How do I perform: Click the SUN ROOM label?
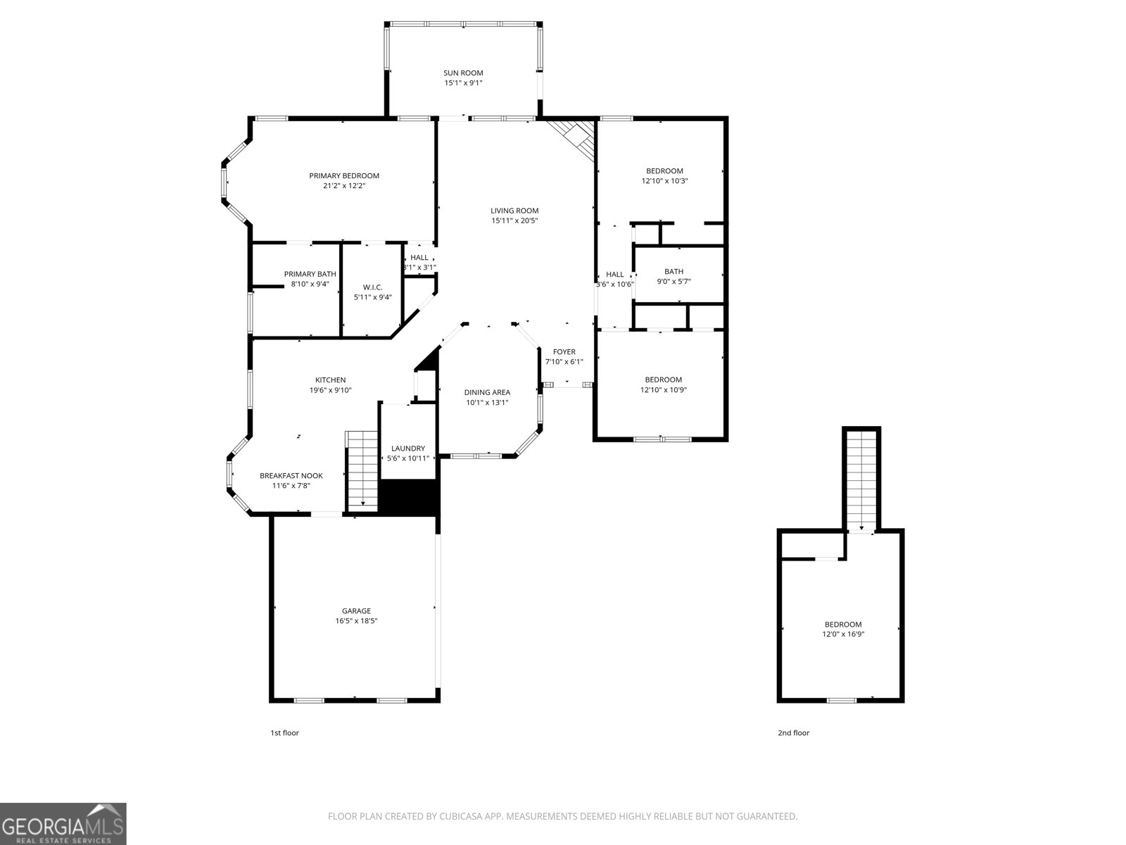click(463, 73)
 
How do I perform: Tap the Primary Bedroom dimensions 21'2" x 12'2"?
click(344, 186)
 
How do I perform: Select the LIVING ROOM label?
click(514, 211)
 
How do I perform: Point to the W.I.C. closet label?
click(372, 287)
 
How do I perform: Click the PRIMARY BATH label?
click(310, 274)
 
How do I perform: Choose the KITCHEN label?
click(330, 380)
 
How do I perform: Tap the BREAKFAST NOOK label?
click(291, 476)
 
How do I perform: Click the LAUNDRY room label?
click(408, 449)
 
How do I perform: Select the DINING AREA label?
click(487, 393)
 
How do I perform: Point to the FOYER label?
click(564, 352)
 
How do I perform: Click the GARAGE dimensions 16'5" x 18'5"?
click(356, 621)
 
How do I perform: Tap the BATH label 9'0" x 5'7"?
click(673, 272)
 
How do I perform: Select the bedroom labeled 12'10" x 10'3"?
click(664, 171)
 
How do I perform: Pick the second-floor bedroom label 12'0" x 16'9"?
click(842, 625)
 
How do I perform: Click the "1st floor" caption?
click(284, 733)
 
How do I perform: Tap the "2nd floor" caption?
click(793, 733)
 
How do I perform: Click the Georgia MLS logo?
click(63, 824)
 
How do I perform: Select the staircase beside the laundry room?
click(362, 468)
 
